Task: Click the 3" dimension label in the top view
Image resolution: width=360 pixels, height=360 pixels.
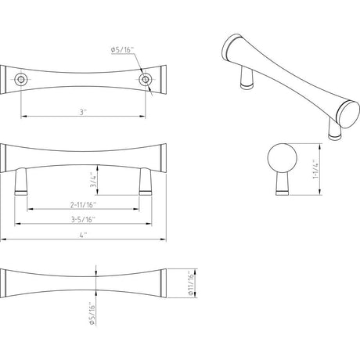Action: click(x=83, y=112)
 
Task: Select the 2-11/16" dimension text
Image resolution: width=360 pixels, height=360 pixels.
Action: click(x=83, y=205)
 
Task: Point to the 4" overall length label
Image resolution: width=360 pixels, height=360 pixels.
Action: click(x=83, y=235)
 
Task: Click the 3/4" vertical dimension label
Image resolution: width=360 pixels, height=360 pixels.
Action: click(x=93, y=180)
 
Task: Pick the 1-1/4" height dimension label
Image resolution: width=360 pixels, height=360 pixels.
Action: click(x=316, y=169)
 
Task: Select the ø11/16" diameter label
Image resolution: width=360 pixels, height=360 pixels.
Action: click(x=192, y=283)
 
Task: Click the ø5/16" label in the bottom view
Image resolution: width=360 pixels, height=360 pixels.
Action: click(x=92, y=313)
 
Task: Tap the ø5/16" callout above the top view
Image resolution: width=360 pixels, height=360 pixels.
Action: click(x=122, y=49)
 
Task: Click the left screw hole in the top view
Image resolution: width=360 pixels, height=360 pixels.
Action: click(x=20, y=79)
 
